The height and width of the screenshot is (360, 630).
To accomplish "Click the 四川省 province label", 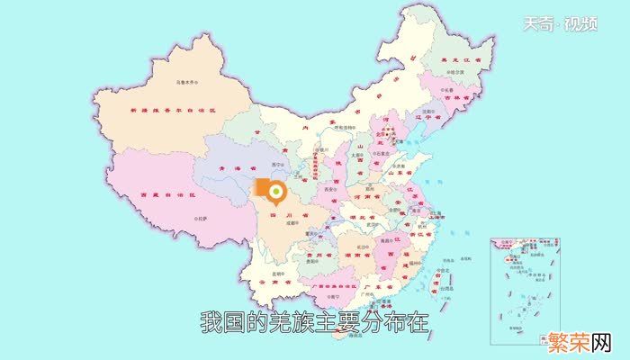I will (286, 218).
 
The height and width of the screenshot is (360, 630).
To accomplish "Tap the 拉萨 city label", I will (201, 220).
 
